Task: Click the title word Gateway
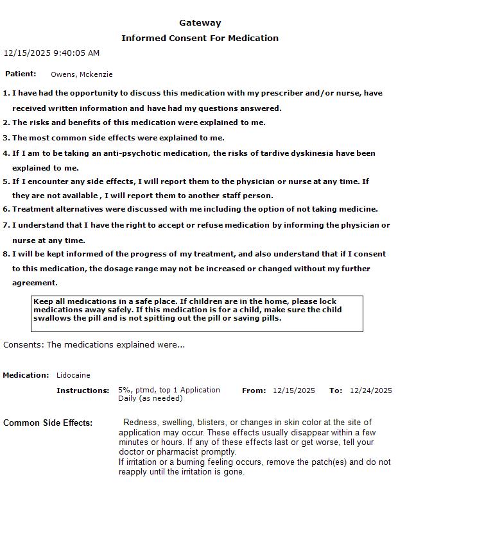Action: click(200, 23)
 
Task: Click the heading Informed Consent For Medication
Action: click(200, 38)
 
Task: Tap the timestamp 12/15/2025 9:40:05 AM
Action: click(51, 53)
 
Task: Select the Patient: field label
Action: click(21, 74)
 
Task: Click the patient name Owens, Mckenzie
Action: click(82, 74)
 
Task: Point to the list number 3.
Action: click(6, 138)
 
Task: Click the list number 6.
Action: click(6, 209)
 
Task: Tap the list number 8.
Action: click(6, 254)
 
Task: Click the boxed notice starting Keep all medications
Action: click(197, 314)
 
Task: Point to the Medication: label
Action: click(26, 375)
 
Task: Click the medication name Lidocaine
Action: click(73, 375)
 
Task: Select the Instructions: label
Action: click(83, 390)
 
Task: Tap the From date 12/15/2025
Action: click(294, 390)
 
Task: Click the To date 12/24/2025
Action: click(370, 390)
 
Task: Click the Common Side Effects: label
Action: click(48, 423)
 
